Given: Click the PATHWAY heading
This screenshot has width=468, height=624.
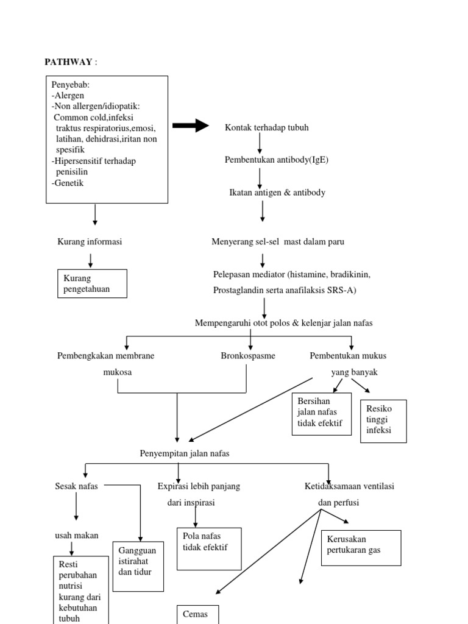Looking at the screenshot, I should [68, 62].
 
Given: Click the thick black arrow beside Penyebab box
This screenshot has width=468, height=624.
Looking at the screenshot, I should [191, 126].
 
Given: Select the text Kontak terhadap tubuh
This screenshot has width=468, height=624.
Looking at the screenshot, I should [267, 127].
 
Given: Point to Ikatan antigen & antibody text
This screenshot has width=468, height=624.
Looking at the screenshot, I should [277, 193].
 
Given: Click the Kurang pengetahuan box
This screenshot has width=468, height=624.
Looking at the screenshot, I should [92, 283].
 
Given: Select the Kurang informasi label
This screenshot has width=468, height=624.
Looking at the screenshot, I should [90, 242].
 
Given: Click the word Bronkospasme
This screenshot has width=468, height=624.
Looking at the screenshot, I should [248, 356].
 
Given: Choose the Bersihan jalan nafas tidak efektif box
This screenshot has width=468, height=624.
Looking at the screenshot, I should [322, 414].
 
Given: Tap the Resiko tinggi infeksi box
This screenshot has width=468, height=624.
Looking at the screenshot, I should [383, 420].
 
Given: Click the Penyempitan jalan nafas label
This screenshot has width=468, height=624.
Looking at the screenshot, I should [185, 453].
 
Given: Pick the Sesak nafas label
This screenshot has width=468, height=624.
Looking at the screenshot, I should [76, 486].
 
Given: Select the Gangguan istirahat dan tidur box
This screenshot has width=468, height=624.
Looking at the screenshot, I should [138, 565].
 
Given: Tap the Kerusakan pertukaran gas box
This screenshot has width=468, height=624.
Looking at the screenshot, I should [361, 547].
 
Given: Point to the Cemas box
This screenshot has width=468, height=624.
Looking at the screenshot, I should [197, 614].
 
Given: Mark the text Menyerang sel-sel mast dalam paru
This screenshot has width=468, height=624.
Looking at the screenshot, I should [278, 242].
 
